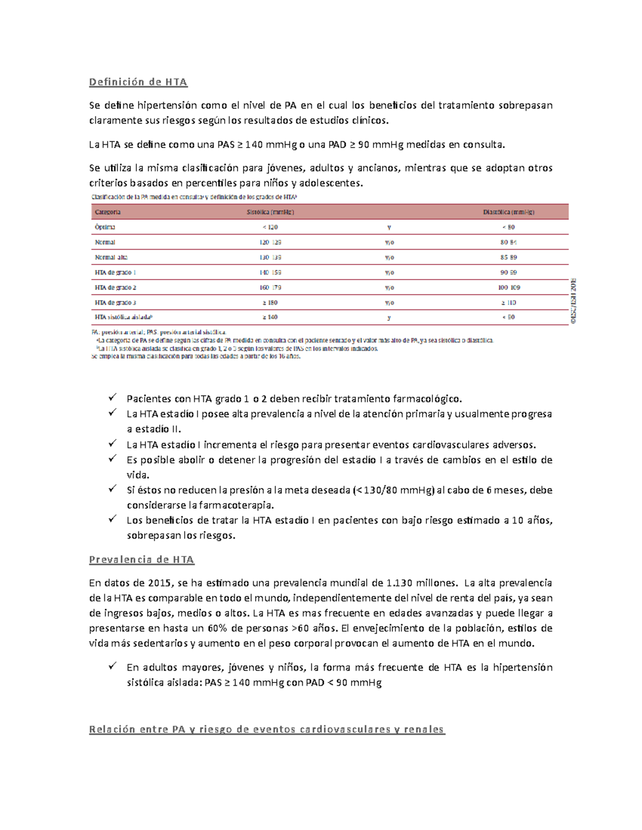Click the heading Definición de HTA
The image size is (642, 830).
click(138, 82)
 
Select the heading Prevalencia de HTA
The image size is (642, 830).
click(141, 560)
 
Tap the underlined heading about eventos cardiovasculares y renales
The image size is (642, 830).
click(266, 730)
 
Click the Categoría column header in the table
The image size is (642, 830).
click(108, 212)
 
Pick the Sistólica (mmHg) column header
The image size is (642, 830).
click(270, 212)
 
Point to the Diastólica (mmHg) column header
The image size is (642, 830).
click(508, 212)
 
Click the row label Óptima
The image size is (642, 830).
click(105, 227)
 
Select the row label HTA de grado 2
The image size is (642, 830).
click(116, 288)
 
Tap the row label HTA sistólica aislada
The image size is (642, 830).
click(120, 317)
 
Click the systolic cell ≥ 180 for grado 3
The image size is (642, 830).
click(270, 302)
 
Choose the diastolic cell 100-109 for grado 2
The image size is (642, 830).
click(509, 288)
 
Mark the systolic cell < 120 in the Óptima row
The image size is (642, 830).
click(270, 227)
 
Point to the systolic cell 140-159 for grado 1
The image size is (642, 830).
click(270, 273)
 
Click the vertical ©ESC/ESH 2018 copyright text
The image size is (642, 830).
click(572, 301)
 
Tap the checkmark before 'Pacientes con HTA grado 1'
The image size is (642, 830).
click(112, 398)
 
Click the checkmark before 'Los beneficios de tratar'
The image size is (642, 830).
click(112, 519)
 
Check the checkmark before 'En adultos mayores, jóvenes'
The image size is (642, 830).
click(112, 666)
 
